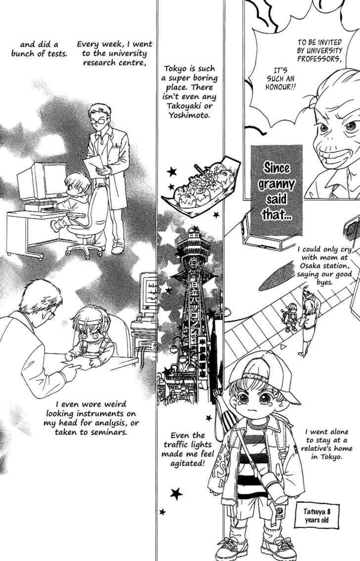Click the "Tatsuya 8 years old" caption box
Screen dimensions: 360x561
pyautogui.click(x=316, y=515)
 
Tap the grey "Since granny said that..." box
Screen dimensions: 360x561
pyautogui.click(x=276, y=190)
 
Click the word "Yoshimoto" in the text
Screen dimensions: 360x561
pyautogui.click(x=189, y=115)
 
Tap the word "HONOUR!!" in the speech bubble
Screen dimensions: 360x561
pyautogui.click(x=280, y=87)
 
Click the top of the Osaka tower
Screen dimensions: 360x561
pyautogui.click(x=195, y=229)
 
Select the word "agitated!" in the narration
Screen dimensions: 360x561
pyautogui.click(x=188, y=464)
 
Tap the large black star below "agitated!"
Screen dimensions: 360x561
pyautogui.click(x=176, y=494)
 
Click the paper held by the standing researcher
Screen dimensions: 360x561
pyautogui.click(x=94, y=167)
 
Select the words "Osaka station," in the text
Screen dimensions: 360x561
pyautogui.click(x=324, y=266)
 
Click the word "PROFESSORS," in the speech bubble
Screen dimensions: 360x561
pyautogui.click(x=319, y=59)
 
